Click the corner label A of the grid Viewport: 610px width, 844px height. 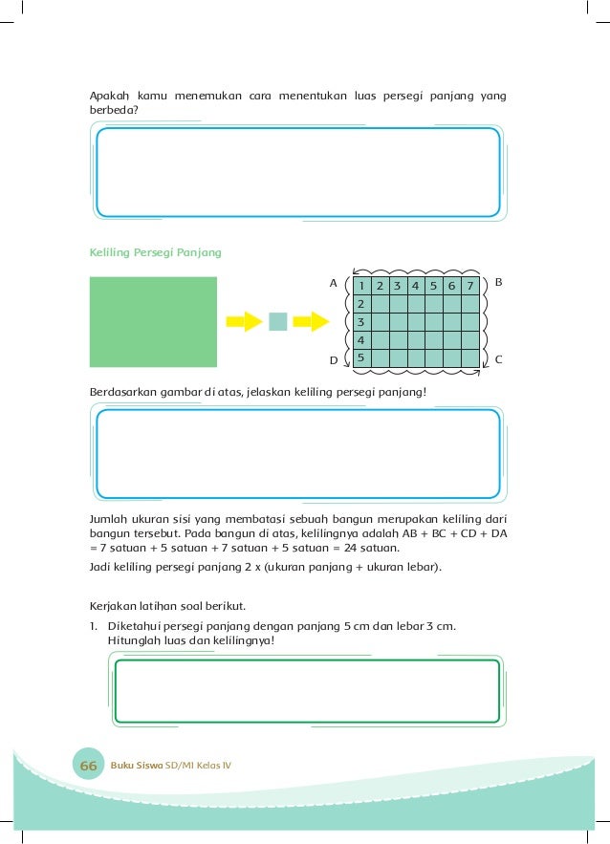coord(334,284)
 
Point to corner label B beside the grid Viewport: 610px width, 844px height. coord(498,283)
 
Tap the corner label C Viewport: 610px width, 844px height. coord(498,358)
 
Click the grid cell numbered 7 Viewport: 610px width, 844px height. coord(468,286)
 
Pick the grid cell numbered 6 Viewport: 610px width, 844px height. coord(450,286)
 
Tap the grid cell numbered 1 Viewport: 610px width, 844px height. coord(361,286)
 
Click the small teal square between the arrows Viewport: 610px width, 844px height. coord(277,321)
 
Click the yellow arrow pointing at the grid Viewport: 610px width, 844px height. coord(310,321)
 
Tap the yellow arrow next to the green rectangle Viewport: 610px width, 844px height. coord(244,321)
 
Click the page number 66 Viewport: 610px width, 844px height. coord(89,766)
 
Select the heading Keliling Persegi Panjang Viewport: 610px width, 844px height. coord(155,252)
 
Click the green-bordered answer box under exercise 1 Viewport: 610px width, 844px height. coord(306,690)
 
